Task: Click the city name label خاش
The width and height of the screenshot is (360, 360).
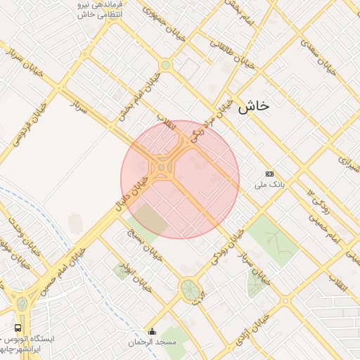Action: [x=253, y=106]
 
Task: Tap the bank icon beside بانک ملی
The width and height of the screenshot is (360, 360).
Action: [x=270, y=174]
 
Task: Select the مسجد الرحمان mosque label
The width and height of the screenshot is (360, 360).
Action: [x=151, y=342]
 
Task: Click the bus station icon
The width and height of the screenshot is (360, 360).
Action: [x=18, y=328]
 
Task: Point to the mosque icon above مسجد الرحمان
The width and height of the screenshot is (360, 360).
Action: [x=151, y=331]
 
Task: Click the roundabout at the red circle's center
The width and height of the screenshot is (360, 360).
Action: [x=163, y=167]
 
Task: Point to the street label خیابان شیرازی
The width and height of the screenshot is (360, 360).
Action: [x=347, y=162]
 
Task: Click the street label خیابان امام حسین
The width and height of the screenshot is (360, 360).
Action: [x=62, y=266]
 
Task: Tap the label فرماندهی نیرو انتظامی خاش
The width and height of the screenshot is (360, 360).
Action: [x=98, y=9]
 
